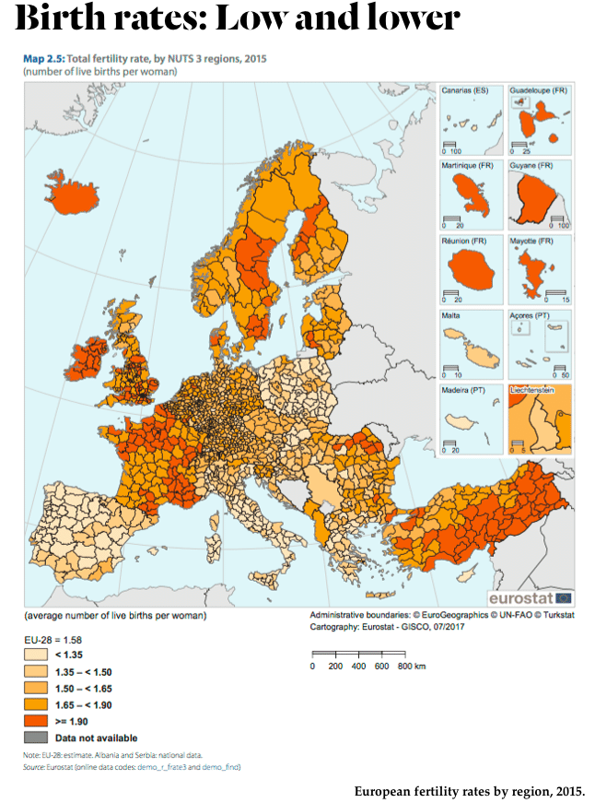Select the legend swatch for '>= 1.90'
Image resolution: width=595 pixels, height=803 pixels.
(36, 721)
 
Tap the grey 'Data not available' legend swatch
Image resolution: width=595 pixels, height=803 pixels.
(36, 738)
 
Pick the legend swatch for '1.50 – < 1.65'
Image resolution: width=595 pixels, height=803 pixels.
(36, 688)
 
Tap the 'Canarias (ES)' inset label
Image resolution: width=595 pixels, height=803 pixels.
(464, 90)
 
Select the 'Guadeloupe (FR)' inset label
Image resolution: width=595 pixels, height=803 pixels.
(539, 90)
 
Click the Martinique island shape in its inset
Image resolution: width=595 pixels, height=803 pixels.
(469, 195)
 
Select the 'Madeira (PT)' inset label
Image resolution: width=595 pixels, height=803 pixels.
(465, 391)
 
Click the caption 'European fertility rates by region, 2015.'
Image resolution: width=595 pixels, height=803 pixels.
(469, 791)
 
